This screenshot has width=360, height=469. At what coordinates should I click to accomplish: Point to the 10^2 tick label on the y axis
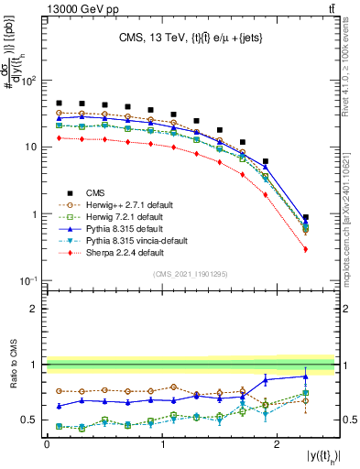28,81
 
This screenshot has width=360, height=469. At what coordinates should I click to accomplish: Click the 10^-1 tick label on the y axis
28,280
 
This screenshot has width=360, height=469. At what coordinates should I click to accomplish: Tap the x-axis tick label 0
47,442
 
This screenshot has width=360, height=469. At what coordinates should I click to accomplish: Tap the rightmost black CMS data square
306,218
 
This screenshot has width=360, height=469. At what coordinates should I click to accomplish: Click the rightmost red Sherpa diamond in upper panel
306,249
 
